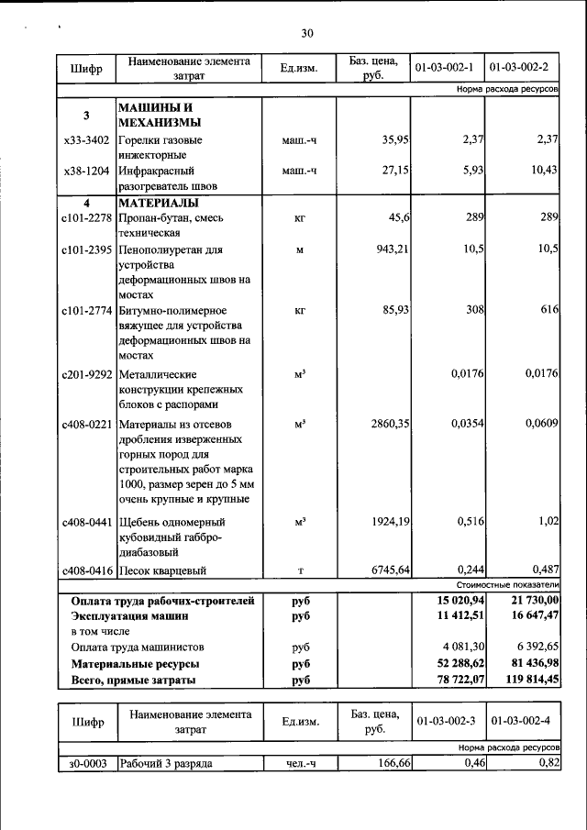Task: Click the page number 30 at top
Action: coord(307,34)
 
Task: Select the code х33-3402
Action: coord(86,140)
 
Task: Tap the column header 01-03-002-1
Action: coord(443,68)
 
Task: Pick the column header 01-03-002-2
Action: coord(520,68)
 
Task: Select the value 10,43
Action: coord(543,171)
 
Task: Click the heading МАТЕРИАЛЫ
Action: coord(160,203)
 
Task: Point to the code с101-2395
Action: coord(86,249)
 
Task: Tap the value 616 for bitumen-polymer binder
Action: coord(549,310)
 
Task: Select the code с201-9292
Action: coord(86,374)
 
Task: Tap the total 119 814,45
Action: coord(526,680)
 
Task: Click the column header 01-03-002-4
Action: coord(520,722)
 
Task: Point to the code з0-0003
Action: coord(86,763)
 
